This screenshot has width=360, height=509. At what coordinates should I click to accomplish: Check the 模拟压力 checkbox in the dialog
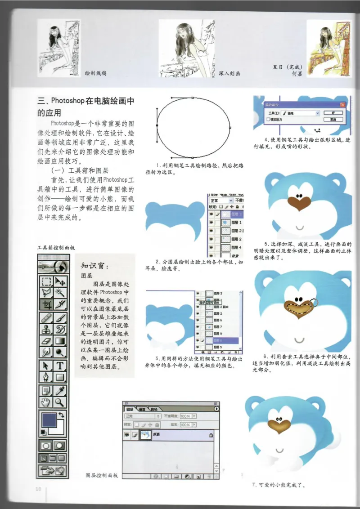(269, 120)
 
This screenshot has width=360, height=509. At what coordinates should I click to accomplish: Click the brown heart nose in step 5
(297, 201)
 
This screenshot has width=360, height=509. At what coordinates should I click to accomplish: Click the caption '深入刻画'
(229, 73)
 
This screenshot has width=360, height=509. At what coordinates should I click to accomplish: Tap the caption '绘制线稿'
(96, 73)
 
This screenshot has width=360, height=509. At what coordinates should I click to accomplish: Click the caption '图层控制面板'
(102, 475)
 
